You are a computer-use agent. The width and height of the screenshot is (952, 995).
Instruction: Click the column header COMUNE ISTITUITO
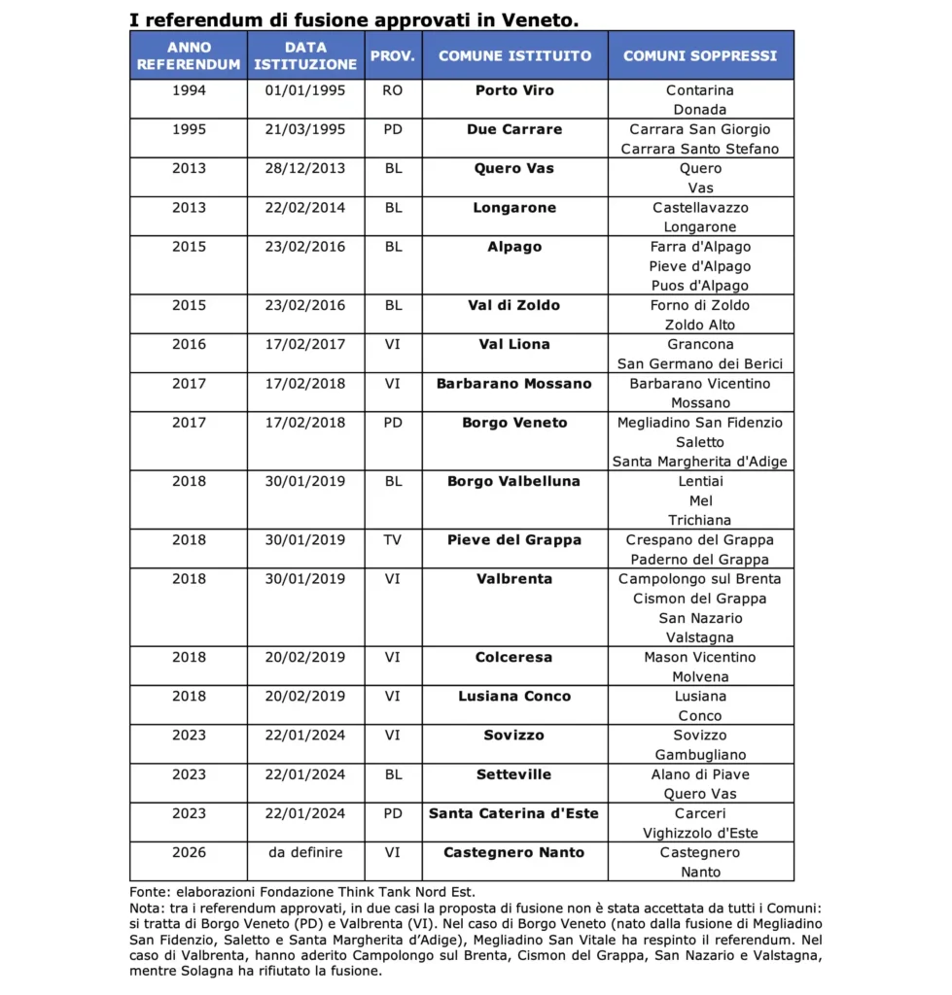pyautogui.click(x=514, y=55)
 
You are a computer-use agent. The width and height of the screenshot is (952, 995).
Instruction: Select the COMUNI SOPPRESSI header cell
pyautogui.click(x=700, y=55)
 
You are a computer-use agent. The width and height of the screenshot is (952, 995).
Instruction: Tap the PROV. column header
pyautogui.click(x=393, y=55)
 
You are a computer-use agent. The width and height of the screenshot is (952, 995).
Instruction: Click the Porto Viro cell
pyautogui.click(x=514, y=90)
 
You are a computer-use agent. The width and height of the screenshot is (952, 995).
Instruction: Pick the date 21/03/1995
pyautogui.click(x=304, y=129)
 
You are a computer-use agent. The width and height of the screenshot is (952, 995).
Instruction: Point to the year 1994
pyautogui.click(x=189, y=90)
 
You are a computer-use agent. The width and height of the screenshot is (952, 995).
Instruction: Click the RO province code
pyautogui.click(x=393, y=90)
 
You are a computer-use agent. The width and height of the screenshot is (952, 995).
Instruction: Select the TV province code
pyautogui.click(x=393, y=539)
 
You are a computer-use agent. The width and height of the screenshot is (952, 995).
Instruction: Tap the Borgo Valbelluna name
pyautogui.click(x=513, y=481)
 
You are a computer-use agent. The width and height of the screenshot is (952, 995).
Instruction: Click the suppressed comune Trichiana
pyautogui.click(x=700, y=520)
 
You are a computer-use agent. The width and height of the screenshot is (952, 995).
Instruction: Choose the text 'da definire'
pyautogui.click(x=305, y=852)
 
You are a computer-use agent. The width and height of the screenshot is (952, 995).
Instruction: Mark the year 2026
pyautogui.click(x=189, y=852)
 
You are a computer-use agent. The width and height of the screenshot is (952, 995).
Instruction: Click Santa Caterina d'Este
pyautogui.click(x=513, y=813)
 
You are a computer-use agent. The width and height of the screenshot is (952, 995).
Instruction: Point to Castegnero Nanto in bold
pyautogui.click(x=513, y=852)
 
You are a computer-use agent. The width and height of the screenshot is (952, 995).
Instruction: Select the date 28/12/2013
pyautogui.click(x=304, y=168)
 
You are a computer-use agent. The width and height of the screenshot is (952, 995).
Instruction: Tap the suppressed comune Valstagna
pyautogui.click(x=700, y=637)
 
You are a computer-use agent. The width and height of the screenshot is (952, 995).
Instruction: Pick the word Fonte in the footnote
pyautogui.click(x=148, y=890)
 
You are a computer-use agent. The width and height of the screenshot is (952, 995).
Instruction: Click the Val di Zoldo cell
pyautogui.click(x=513, y=305)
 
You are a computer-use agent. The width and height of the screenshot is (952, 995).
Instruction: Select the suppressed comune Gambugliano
pyautogui.click(x=700, y=755)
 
